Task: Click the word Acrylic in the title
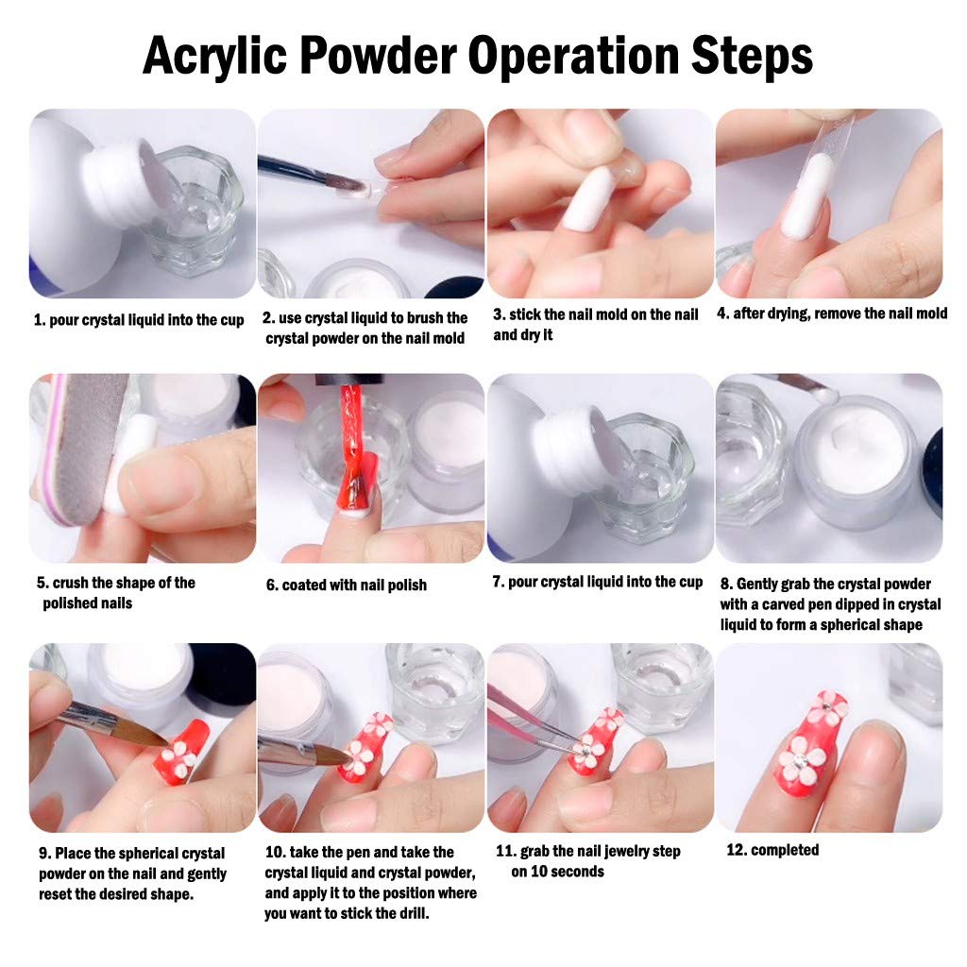tap(214, 56)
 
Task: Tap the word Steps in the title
tap(752, 56)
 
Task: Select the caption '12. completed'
tap(772, 850)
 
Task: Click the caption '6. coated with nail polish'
tap(346, 585)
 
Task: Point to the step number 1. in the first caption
tap(40, 320)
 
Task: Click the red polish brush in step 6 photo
tap(352, 450)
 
